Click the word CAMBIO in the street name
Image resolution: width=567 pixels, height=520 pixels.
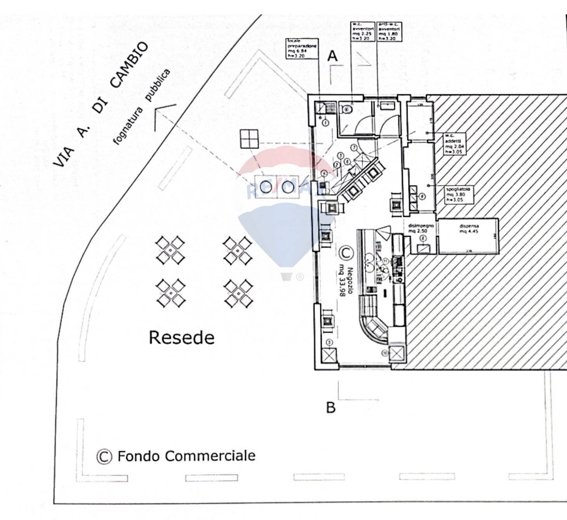pos(129,65)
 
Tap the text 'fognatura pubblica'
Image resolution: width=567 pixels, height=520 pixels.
pos(142,106)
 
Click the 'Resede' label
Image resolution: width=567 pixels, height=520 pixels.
pos(181,338)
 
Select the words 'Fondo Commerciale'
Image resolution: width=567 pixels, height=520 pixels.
pos(186,456)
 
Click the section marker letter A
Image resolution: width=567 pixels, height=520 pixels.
pos(332,57)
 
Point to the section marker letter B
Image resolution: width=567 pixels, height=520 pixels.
pos(331,408)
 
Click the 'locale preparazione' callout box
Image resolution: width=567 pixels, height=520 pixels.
pos(302,49)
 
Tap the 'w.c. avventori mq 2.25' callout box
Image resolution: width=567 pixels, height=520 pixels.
pos(363,31)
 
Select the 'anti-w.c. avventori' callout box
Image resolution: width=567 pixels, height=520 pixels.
pos(389,31)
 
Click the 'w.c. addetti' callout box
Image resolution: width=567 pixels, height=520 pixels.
pos(454,144)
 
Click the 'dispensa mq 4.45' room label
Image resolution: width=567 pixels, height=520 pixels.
pos(469,229)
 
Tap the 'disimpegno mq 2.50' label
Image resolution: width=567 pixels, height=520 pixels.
pos(421,228)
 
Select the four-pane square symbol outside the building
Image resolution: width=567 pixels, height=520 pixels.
pos(249,139)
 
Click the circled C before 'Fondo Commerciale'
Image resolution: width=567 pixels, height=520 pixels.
pos(104,456)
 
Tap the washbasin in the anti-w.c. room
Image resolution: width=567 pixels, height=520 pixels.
pos(387,105)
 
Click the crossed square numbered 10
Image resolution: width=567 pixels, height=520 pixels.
pos(397,353)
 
